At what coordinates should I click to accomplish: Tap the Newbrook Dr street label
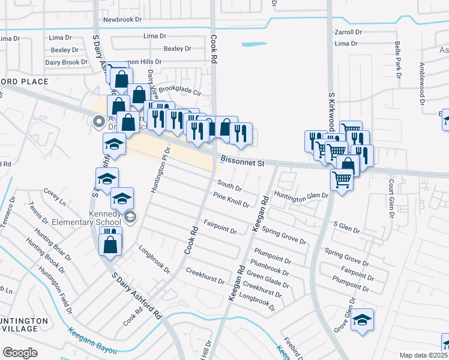click(122, 20)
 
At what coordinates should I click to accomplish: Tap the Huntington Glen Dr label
click(301, 195)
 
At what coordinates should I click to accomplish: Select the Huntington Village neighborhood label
click(24, 325)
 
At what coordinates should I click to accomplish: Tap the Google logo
click(20, 352)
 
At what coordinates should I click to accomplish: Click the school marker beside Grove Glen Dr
click(363, 319)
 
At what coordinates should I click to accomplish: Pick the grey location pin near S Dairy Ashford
click(100, 122)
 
